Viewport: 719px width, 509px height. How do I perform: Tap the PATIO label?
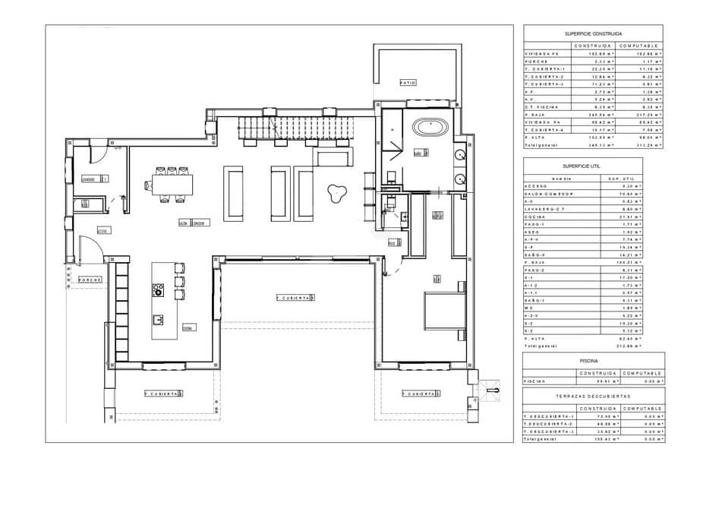pos(408,82)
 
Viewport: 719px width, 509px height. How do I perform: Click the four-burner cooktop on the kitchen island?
pos(158,289)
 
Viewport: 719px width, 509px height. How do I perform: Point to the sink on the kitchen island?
pos(159,319)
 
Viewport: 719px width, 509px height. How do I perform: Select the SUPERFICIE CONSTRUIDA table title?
pos(593,34)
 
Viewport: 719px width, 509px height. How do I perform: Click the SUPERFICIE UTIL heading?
pos(582,166)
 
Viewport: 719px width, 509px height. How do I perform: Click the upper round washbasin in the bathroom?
pos(459,156)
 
